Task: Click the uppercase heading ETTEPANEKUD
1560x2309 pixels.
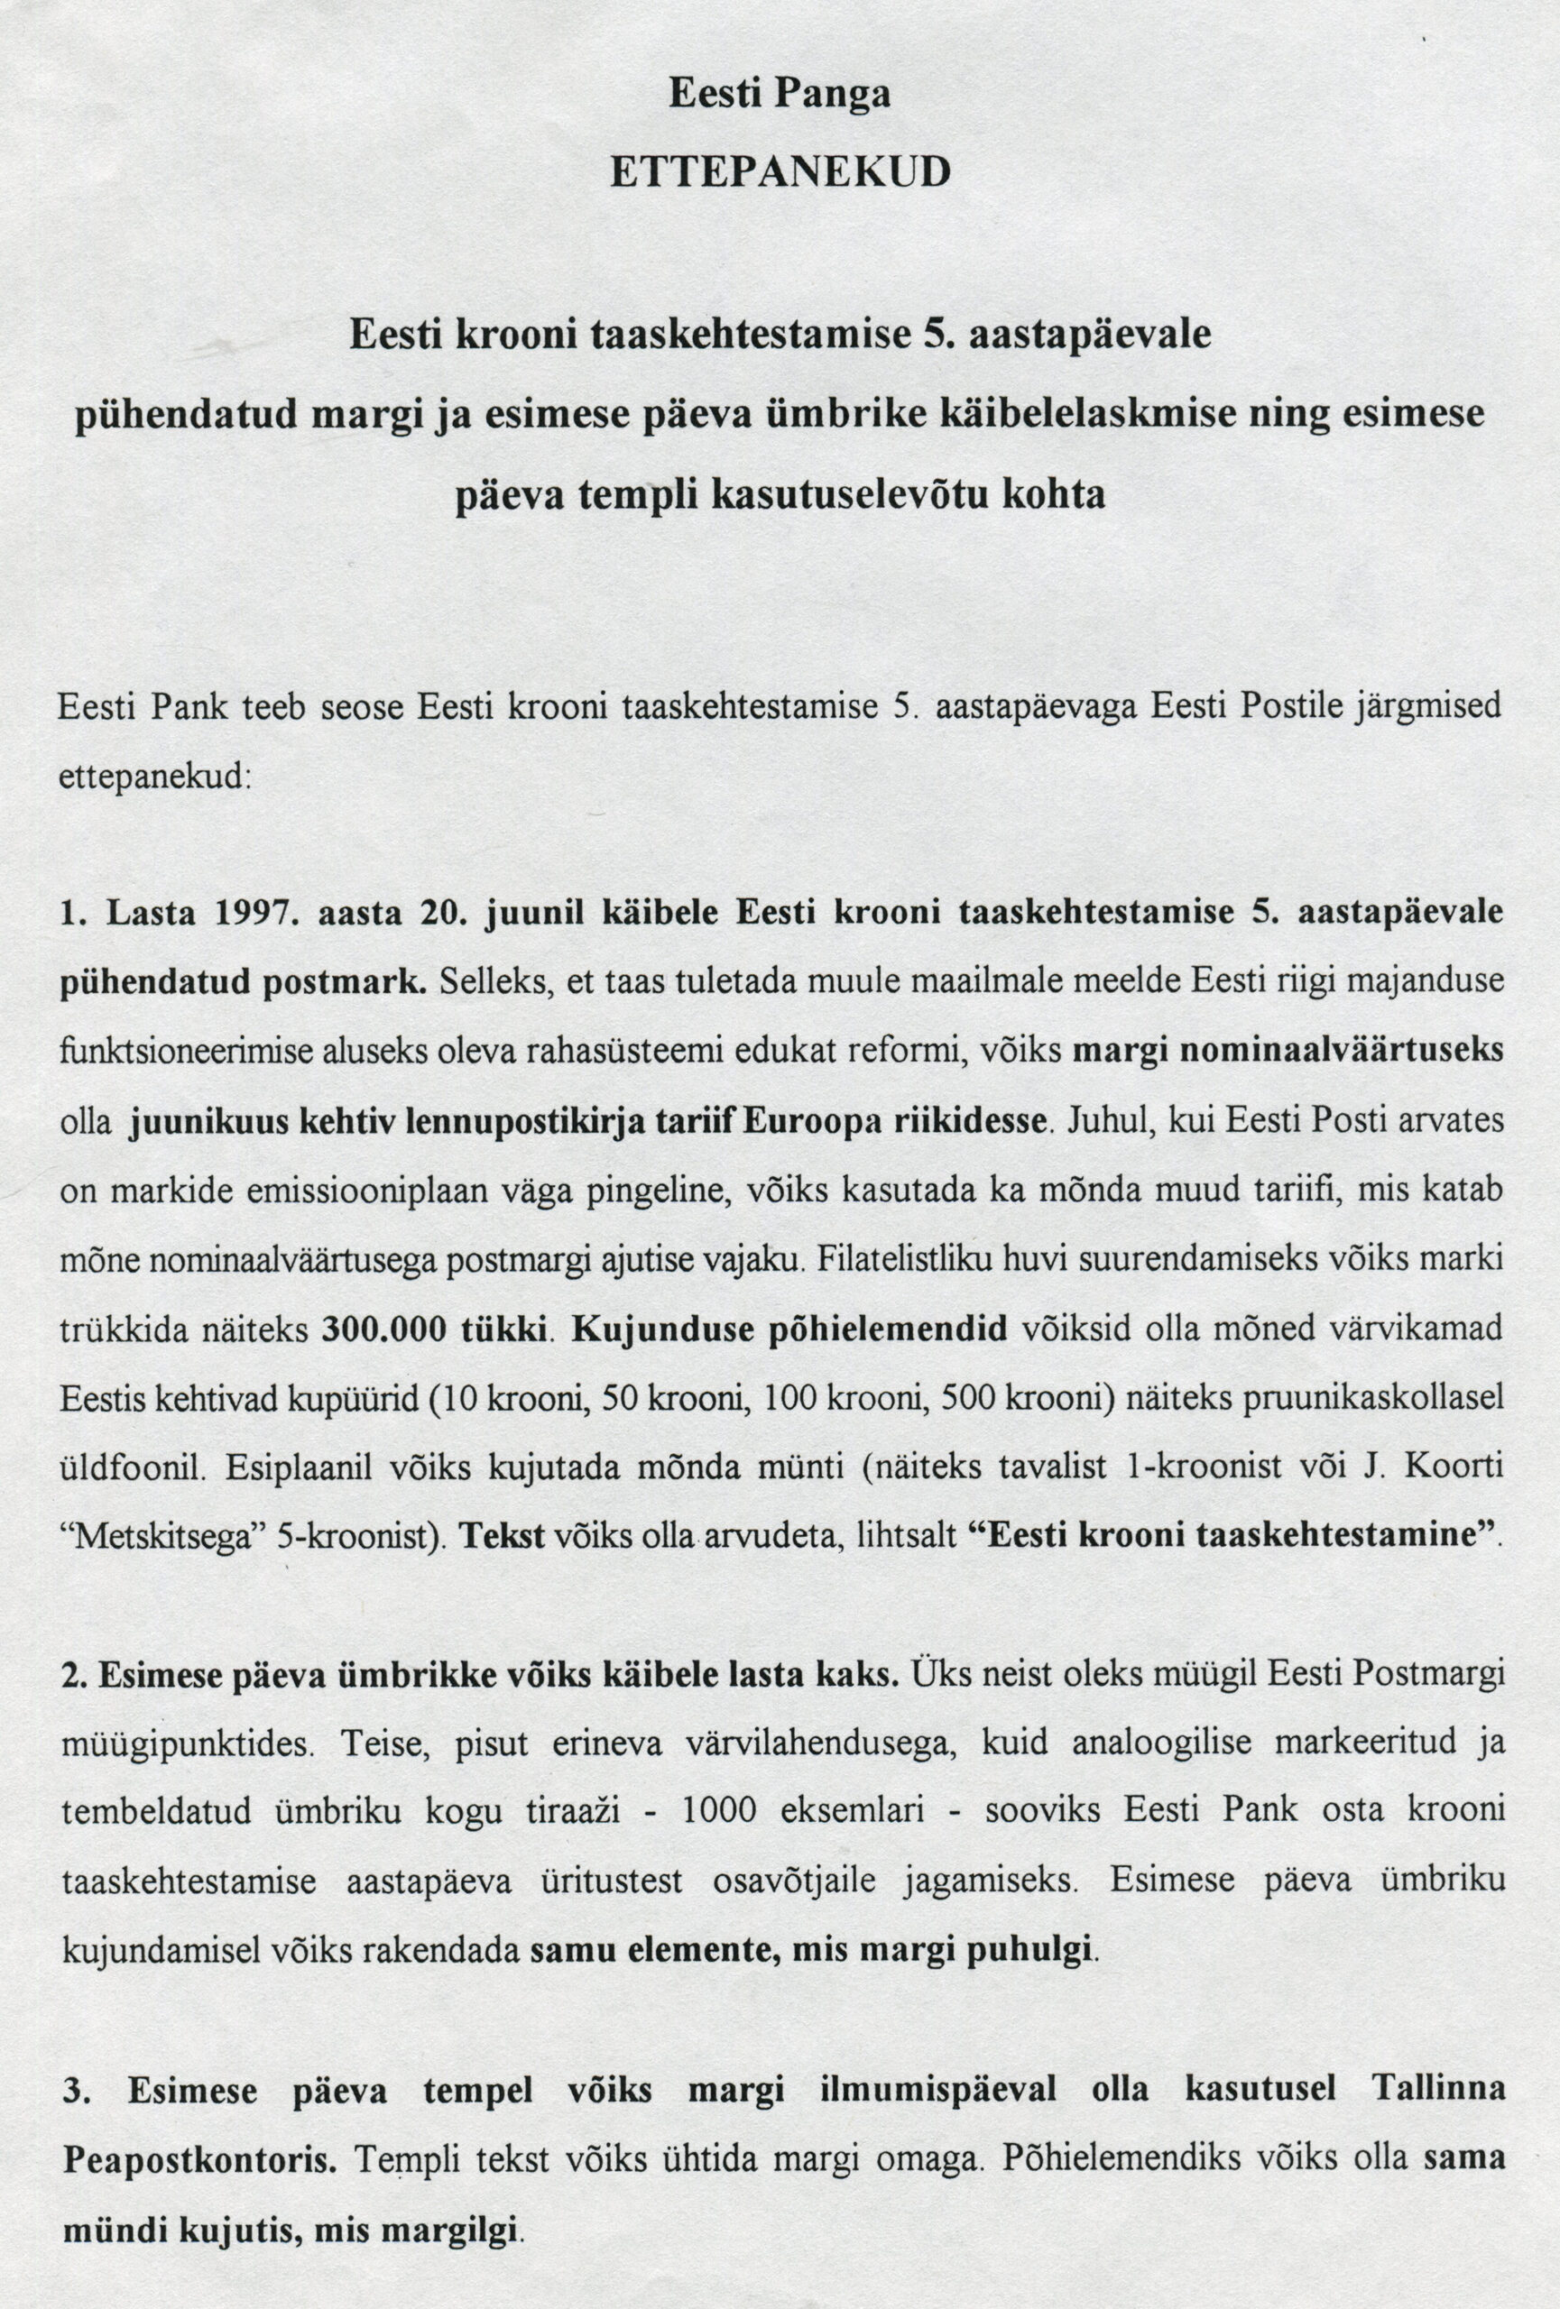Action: [780, 172]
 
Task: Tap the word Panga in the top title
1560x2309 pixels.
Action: [832, 94]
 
